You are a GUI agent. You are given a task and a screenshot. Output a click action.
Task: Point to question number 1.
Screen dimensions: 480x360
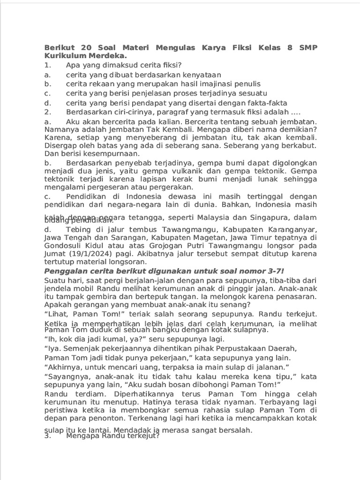[47, 65]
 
